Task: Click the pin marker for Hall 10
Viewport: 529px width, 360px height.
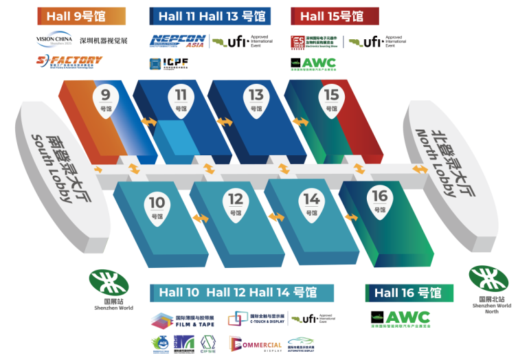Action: click(x=157, y=207)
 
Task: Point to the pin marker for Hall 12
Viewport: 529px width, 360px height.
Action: click(x=236, y=204)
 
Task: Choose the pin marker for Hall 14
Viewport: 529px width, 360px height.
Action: click(x=312, y=204)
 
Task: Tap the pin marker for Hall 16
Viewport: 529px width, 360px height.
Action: click(x=380, y=201)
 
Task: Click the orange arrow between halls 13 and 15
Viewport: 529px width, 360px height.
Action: click(x=300, y=122)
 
